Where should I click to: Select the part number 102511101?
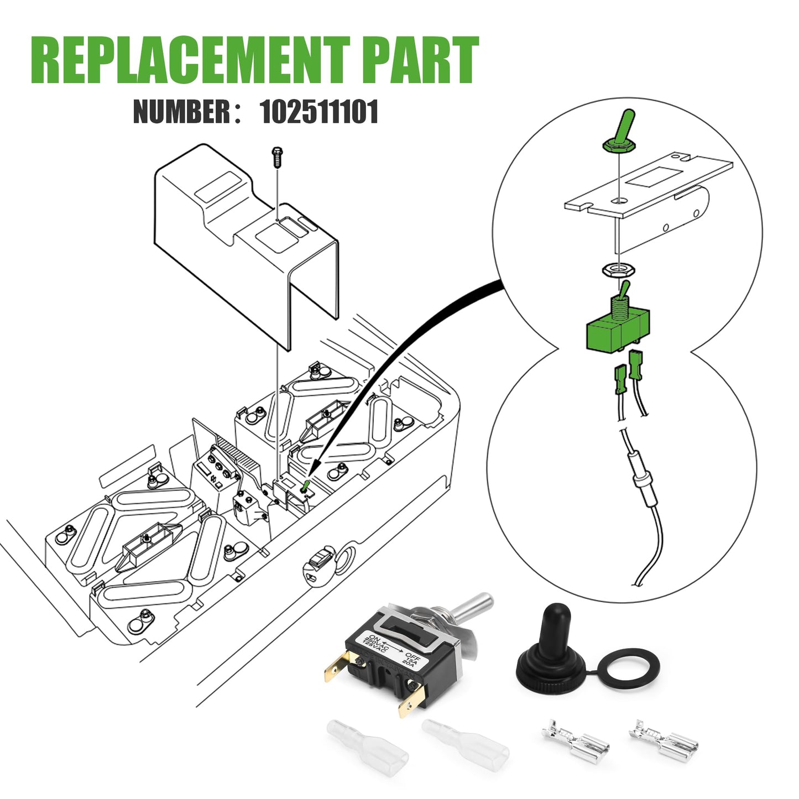(319, 111)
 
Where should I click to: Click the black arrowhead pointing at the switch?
(314, 468)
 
